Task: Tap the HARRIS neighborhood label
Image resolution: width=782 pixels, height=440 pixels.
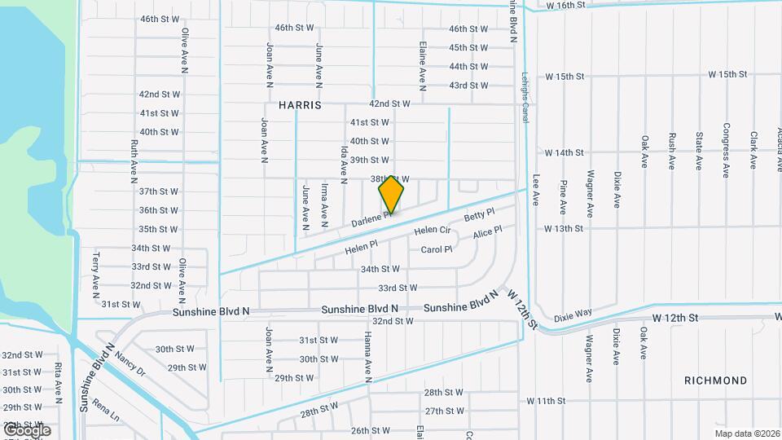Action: click(x=300, y=105)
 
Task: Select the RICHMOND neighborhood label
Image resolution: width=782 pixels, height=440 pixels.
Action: click(x=715, y=381)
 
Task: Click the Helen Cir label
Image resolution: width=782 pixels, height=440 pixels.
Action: click(x=433, y=231)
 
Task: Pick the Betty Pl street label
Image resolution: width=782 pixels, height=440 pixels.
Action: click(x=479, y=216)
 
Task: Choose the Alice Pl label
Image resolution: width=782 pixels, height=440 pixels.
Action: click(x=487, y=233)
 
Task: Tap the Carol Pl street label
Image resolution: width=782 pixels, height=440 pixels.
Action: click(x=437, y=249)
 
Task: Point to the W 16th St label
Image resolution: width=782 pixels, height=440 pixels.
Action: click(x=565, y=5)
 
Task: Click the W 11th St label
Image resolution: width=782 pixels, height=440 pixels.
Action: click(x=546, y=401)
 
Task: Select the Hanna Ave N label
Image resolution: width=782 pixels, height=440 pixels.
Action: click(x=368, y=356)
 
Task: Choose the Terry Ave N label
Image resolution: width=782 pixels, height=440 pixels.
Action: click(x=95, y=272)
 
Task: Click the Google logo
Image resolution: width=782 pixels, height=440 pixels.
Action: click(x=26, y=430)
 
